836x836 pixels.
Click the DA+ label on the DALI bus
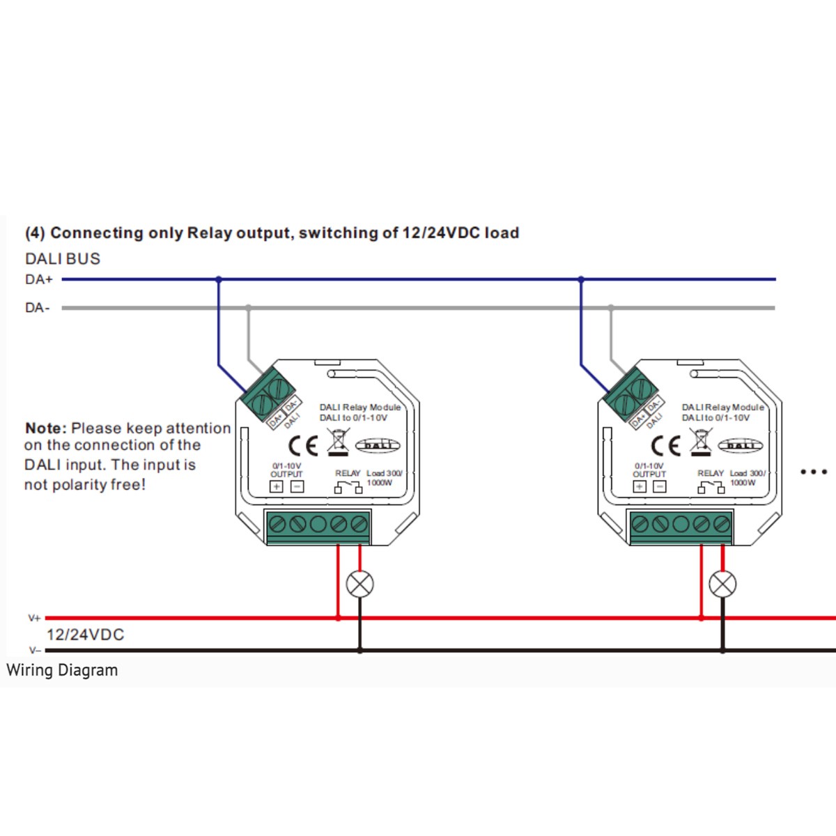tap(39, 280)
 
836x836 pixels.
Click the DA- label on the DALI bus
tap(38, 308)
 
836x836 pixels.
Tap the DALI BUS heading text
tap(63, 258)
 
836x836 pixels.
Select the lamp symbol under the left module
tap(359, 584)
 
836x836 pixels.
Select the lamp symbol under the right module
tap(722, 584)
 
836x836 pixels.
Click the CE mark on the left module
tap(303, 445)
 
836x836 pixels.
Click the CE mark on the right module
tap(666, 445)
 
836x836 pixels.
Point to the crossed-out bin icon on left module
tap(338, 443)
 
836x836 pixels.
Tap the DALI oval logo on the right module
tap(741, 445)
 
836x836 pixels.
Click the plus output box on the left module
tap(277, 486)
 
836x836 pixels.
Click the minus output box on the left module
tap(297, 486)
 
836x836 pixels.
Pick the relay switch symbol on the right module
tap(711, 488)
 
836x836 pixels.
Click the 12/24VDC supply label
tap(85, 635)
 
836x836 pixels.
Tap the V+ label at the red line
tap(34, 618)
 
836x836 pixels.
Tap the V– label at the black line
tap(35, 650)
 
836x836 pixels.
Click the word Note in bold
tap(46, 428)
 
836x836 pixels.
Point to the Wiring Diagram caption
tap(62, 670)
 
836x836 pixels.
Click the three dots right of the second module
tap(814, 472)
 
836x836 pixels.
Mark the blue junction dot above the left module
tap(218, 279)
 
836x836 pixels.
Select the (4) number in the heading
tap(35, 233)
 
